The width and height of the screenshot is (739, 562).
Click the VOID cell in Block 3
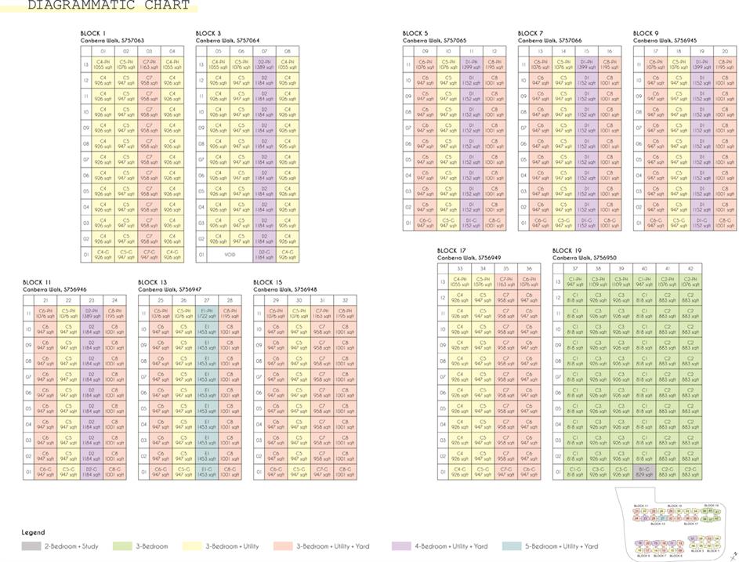coord(230,255)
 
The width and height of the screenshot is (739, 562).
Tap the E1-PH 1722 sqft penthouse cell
coord(207,314)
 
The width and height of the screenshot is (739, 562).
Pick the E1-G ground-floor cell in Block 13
coord(207,473)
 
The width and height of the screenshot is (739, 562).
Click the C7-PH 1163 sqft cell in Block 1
coord(148,65)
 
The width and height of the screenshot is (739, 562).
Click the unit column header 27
coord(207,300)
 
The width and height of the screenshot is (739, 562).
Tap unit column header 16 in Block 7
coord(608,51)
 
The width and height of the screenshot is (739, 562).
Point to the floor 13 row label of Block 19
coord(558,282)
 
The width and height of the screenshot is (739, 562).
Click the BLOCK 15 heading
coord(268,282)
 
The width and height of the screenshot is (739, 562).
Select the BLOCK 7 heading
coord(531,33)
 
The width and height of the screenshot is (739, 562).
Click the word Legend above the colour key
coord(33,532)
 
